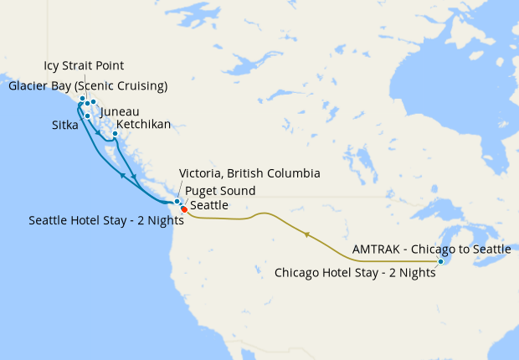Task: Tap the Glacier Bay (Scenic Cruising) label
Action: [88, 85]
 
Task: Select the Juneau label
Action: [119, 111]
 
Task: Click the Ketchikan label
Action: [144, 125]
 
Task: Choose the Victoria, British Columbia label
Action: [250, 174]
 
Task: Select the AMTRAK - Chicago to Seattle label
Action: [431, 249]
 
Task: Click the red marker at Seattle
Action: [184, 209]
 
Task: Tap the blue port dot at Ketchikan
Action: [115, 133]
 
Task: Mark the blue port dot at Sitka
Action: [88, 116]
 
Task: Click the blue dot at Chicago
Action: [441, 262]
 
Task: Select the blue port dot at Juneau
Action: [94, 102]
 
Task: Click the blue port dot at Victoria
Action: [177, 202]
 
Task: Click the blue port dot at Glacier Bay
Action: [82, 99]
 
